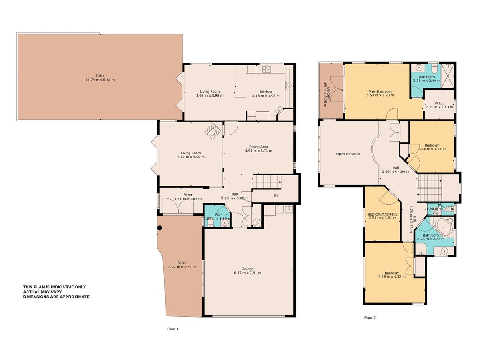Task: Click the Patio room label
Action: [x=100, y=76]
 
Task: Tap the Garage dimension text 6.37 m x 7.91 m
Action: [x=248, y=273]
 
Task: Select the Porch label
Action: [x=182, y=263]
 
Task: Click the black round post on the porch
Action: [x=160, y=228]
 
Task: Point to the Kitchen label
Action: [x=266, y=92]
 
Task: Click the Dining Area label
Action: [x=258, y=147]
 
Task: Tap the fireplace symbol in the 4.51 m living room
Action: [x=213, y=130]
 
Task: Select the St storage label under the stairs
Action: [x=276, y=196]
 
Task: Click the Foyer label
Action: [x=188, y=195]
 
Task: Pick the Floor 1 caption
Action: [x=173, y=329]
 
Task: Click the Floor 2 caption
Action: [x=370, y=317]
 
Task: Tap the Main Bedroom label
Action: [x=380, y=91]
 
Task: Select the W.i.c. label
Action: [x=439, y=103]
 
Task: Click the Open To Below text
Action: [x=348, y=154]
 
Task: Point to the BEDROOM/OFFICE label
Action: [x=383, y=214]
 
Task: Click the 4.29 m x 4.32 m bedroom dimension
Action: [x=392, y=277]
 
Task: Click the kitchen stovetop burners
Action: [x=289, y=85]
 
